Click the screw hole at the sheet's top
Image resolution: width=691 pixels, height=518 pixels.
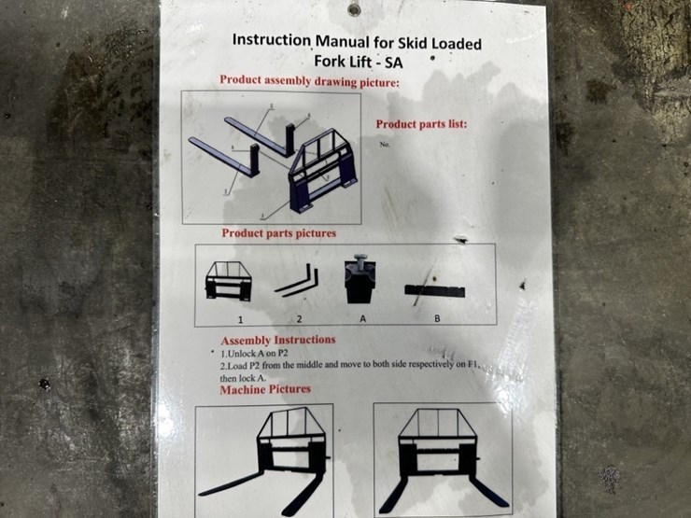pyautogui.click(x=354, y=9)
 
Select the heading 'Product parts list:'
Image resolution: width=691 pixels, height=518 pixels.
pyautogui.click(x=421, y=124)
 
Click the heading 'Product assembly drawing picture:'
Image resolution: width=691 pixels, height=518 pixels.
pyautogui.click(x=309, y=80)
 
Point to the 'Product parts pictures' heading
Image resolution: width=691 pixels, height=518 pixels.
pyautogui.click(x=278, y=232)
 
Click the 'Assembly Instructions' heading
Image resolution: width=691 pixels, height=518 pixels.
pyautogui.click(x=278, y=340)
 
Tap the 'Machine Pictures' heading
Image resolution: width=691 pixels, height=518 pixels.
pyautogui.click(x=265, y=389)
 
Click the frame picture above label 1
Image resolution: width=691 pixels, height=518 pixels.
pyautogui.click(x=228, y=281)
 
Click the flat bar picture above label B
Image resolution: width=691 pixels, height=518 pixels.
pyautogui.click(x=436, y=289)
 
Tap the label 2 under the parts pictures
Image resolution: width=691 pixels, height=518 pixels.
pyautogui.click(x=300, y=318)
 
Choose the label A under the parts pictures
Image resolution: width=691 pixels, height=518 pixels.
pyautogui.click(x=361, y=317)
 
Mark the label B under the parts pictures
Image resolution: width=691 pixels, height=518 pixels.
pyautogui.click(x=437, y=317)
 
